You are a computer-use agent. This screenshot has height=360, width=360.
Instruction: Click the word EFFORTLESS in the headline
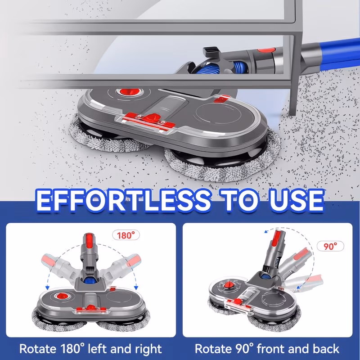(123, 200)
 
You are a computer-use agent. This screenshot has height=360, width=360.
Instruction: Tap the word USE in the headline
(297, 200)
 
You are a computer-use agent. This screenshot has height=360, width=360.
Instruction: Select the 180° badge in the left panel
(126, 235)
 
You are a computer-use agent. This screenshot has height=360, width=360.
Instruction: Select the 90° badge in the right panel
(330, 246)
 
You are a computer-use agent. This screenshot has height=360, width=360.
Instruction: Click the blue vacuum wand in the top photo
(331, 56)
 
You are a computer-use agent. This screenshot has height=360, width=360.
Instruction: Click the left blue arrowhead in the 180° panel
(48, 287)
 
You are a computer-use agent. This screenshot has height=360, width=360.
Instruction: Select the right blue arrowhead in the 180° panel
(136, 287)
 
